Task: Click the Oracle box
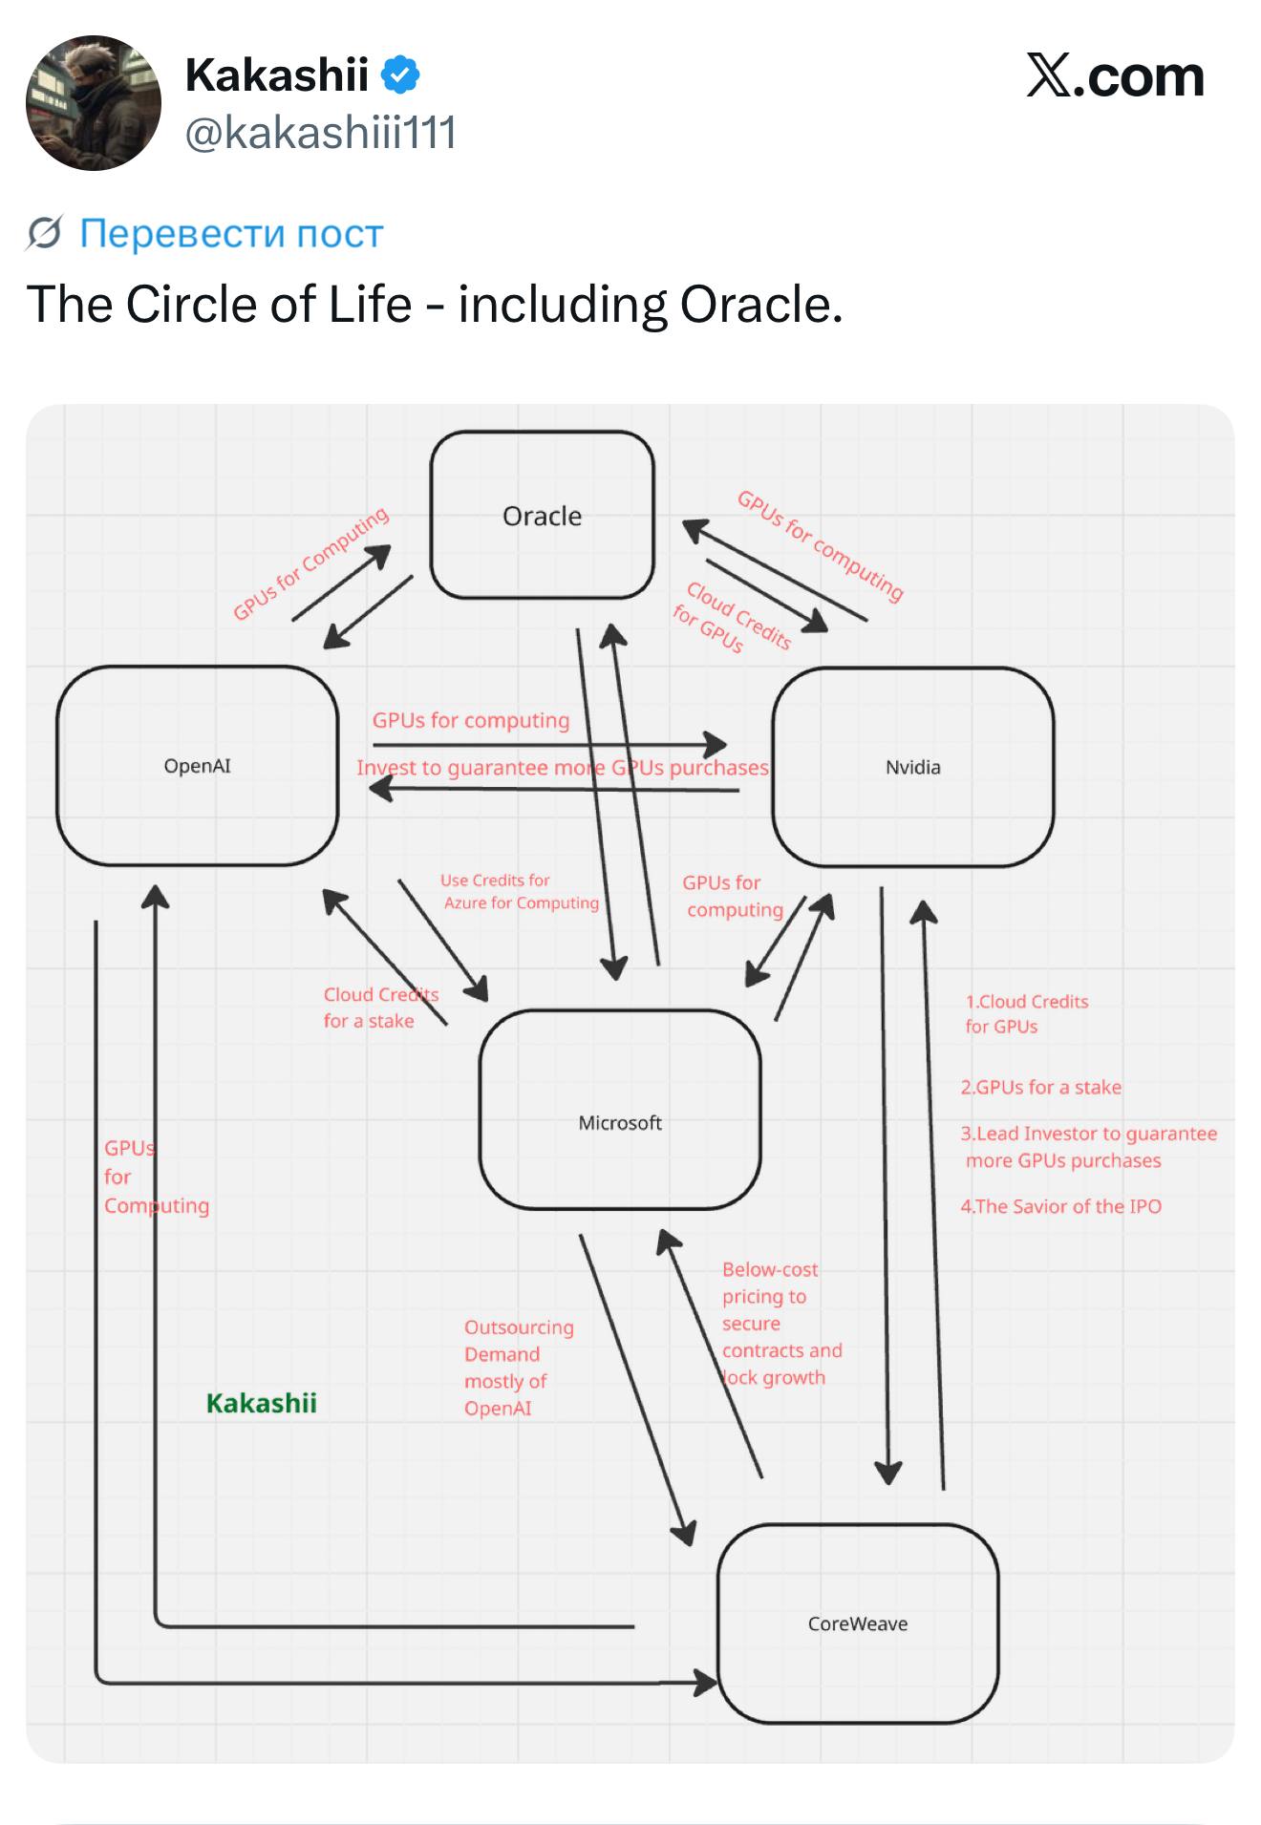542,515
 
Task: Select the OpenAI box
197,766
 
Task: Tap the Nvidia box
912,767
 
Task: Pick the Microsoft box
620,1110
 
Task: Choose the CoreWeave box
858,1623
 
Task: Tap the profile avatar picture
94,103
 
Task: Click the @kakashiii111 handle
320,133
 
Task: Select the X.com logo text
1115,76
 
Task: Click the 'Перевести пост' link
231,233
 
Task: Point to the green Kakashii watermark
262,1403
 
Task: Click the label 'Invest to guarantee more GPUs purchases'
563,768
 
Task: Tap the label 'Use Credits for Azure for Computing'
520,891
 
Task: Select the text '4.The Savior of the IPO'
1061,1206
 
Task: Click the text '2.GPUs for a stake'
1041,1087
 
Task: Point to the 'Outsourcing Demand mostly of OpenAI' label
519,1367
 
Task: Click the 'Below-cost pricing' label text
770,1283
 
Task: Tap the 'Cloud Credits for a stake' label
380,1008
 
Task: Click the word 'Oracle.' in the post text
761,305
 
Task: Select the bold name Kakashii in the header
277,74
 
